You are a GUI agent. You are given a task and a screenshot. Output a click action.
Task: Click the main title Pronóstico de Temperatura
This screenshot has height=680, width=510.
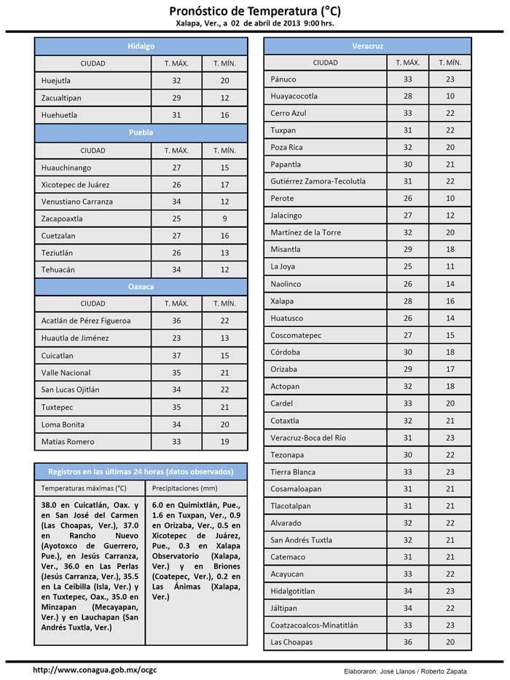(254, 11)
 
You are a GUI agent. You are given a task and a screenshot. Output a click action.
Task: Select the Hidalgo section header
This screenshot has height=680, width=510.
(141, 46)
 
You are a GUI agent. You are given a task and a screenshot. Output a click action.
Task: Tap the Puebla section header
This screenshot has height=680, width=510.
(141, 133)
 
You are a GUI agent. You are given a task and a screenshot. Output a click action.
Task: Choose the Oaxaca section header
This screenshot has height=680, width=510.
(141, 287)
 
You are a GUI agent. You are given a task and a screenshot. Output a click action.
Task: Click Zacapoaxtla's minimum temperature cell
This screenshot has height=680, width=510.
(225, 218)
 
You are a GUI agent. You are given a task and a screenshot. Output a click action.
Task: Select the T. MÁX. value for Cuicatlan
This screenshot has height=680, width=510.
(177, 356)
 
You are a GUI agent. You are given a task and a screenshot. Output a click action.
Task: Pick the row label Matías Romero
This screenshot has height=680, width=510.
(68, 441)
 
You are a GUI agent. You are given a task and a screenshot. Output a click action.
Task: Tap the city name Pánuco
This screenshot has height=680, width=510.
(283, 79)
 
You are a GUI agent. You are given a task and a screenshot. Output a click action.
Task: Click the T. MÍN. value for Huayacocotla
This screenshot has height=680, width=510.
(450, 96)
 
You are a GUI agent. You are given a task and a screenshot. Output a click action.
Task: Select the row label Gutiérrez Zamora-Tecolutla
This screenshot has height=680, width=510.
(318, 181)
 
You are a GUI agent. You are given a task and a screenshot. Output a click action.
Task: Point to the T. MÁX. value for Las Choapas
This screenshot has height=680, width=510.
(408, 642)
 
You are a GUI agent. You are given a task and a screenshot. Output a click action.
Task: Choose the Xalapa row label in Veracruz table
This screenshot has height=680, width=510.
(282, 301)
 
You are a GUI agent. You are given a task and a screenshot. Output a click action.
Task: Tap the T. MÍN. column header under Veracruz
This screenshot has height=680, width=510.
(450, 63)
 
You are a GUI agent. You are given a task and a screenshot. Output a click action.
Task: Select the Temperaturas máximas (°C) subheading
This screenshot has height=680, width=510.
(84, 489)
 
